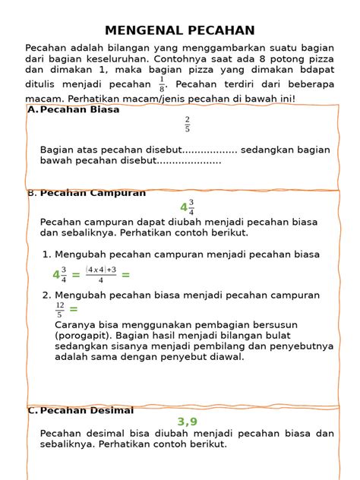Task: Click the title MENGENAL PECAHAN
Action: tap(179, 30)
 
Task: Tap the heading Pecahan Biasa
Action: tap(79, 110)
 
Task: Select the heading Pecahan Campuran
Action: tap(92, 193)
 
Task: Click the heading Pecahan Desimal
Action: tap(86, 411)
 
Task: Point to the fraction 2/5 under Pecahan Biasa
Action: tap(187, 124)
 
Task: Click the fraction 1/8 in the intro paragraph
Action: tap(162, 83)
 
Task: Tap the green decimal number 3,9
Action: tap(188, 422)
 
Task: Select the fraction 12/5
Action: tap(60, 309)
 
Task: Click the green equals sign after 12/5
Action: tap(74, 309)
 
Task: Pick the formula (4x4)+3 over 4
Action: tap(101, 275)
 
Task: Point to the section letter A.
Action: tap(32, 110)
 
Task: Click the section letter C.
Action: tap(32, 411)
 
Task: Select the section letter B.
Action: tap(31, 193)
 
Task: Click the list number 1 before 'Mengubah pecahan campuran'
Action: tap(46, 254)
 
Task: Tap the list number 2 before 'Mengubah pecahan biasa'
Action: tap(46, 295)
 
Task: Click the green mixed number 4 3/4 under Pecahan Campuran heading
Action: tap(187, 207)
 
